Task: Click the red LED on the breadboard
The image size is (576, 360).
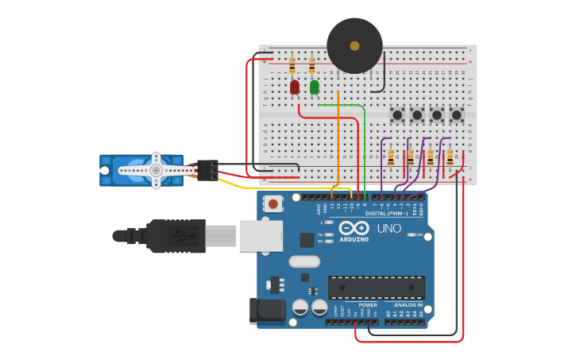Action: pos(295,87)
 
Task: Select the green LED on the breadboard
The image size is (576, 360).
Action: pos(315,87)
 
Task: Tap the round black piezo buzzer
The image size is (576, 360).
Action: pos(354,46)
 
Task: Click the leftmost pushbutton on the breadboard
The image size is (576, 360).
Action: pos(397,115)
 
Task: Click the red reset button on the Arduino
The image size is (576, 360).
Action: pos(273,204)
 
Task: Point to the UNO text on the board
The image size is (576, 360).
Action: pos(389,228)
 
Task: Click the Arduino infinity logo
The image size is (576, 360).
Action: pos(354,227)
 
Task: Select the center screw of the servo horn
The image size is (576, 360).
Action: pos(156,170)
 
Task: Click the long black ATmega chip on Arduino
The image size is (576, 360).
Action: pos(376,287)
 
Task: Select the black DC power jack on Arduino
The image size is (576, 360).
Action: pos(267,311)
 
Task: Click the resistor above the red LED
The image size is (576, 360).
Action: pos(292,64)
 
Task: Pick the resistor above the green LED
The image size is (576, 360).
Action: pos(311,64)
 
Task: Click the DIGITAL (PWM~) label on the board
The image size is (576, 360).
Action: pos(385,213)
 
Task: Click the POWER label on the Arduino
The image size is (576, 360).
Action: pos(367,304)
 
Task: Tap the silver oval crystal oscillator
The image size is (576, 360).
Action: pos(303,261)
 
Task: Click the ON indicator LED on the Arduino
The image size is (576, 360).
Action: pos(412,234)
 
